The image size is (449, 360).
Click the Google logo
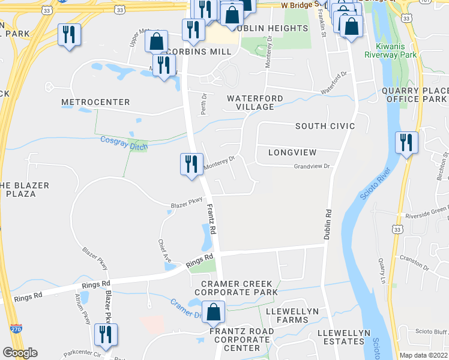pyautogui.click(x=20, y=353)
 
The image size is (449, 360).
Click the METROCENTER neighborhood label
pyautogui.click(x=95, y=103)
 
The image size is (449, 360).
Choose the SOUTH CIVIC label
pyautogui.click(x=325, y=126)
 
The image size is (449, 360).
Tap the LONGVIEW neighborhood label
pyautogui.click(x=292, y=153)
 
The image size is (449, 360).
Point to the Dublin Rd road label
pyautogui.click(x=328, y=225)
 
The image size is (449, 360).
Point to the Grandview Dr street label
pyautogui.click(x=312, y=166)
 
